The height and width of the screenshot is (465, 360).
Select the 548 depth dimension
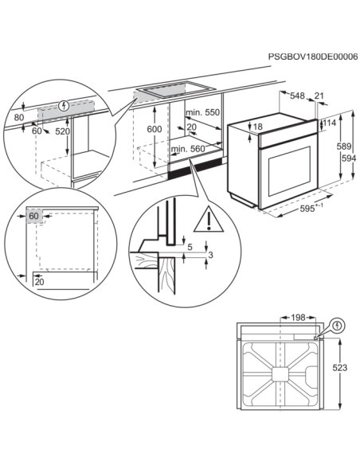coord(297,96)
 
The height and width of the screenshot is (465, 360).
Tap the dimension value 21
coord(320,96)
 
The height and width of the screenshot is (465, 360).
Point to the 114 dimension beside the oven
coord(331,123)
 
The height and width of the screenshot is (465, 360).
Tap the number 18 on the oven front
coord(257,127)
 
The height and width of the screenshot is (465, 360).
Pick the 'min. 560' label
coord(190,149)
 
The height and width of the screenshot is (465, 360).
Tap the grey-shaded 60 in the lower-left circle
coord(33,216)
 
